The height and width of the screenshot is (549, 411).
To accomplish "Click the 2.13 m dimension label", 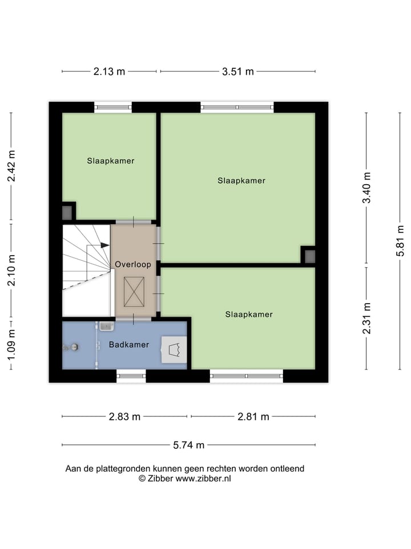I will click(109, 71).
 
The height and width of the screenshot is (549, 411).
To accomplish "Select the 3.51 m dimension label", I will click(237, 71).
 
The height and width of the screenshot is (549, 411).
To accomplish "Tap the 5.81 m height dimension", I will click(400, 241).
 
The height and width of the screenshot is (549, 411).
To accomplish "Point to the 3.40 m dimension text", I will click(367, 188).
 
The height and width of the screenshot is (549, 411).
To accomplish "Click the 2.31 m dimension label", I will click(367, 318).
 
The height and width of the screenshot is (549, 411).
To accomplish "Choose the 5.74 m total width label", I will click(188, 445).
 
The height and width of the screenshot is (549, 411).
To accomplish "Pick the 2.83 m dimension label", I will click(124, 416).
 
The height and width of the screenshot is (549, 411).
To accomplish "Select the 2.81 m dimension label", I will click(253, 416).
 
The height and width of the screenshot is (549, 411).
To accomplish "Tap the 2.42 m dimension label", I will click(11, 166).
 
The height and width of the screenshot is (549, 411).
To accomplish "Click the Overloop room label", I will click(133, 265).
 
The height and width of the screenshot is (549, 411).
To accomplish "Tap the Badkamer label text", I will click(129, 345).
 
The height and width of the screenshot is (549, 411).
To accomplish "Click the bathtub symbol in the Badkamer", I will click(174, 349).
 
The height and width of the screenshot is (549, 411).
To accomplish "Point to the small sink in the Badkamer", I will click(107, 326).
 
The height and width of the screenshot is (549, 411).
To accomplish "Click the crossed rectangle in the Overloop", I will click(134, 291).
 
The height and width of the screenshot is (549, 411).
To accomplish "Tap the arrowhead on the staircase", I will click(105, 245).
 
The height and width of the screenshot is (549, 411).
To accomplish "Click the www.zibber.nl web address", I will click(203, 479).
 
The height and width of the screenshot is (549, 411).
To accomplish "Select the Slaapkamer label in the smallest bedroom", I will click(111, 161).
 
